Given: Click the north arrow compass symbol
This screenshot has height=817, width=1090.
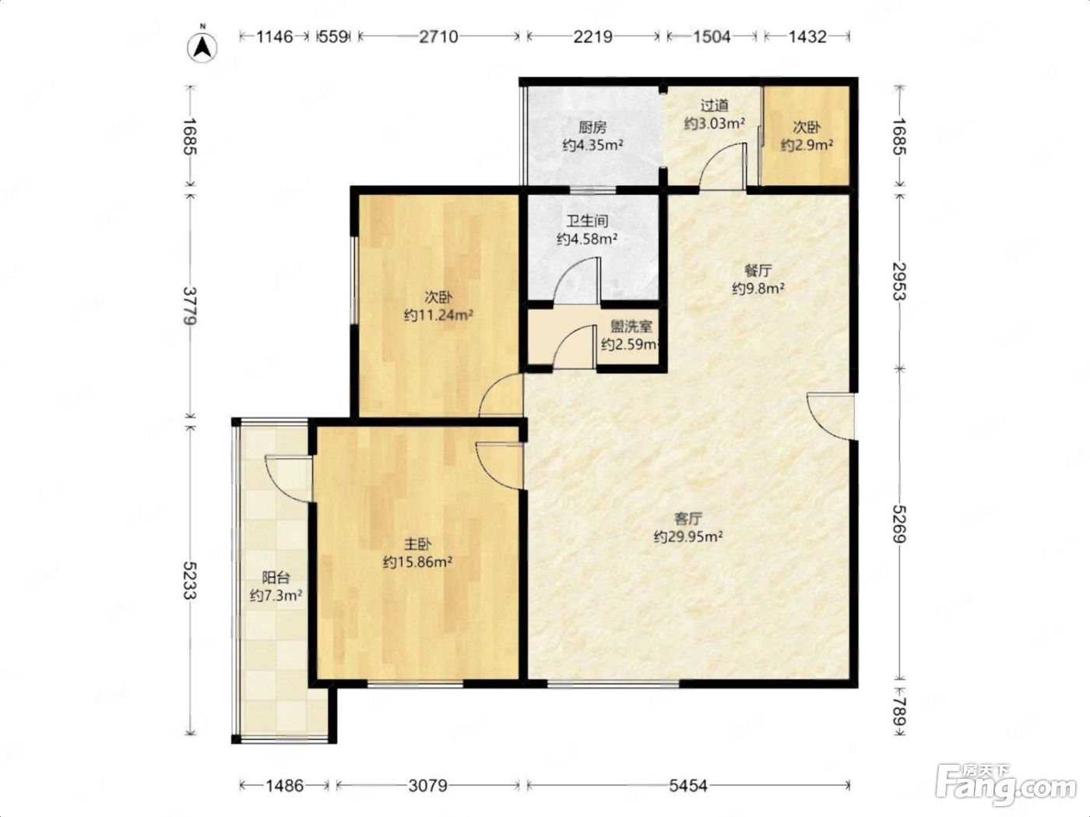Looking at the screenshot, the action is pyautogui.click(x=202, y=48).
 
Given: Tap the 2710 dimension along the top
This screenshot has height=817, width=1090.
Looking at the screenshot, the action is pyautogui.click(x=438, y=37).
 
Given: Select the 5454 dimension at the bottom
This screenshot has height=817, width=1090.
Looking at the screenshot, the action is pyautogui.click(x=687, y=785).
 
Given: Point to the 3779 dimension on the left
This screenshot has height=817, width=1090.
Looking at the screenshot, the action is pyautogui.click(x=190, y=305).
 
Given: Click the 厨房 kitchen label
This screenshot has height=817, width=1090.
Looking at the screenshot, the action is pyautogui.click(x=592, y=128).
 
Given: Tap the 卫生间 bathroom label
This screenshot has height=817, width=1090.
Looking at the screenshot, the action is pyautogui.click(x=588, y=221).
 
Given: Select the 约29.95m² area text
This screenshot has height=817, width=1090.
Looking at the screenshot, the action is pyautogui.click(x=687, y=537).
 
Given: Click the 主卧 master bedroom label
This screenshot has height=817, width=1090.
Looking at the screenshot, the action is pyautogui.click(x=417, y=544).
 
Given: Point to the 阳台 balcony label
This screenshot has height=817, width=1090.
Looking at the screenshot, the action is pyautogui.click(x=276, y=578).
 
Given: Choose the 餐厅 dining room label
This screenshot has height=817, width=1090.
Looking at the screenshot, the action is pyautogui.click(x=758, y=271).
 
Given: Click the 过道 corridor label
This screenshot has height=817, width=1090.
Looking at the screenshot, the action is pyautogui.click(x=714, y=105).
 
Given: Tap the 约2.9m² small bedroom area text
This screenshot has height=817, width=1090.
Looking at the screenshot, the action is pyautogui.click(x=807, y=145).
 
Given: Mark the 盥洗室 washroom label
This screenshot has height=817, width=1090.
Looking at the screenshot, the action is pyautogui.click(x=631, y=326).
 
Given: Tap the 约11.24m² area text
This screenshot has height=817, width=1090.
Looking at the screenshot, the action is pyautogui.click(x=438, y=315).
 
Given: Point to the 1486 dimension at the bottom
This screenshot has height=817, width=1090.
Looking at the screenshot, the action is pyautogui.click(x=284, y=785).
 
